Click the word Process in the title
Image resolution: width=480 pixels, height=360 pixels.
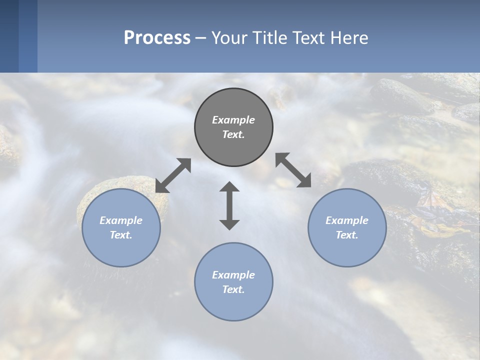(157, 38)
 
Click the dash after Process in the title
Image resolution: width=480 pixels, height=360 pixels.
(200, 38)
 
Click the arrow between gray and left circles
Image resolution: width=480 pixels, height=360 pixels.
(173, 175)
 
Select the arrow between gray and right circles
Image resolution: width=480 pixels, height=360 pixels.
(293, 170)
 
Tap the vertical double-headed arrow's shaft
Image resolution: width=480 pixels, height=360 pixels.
(229, 205)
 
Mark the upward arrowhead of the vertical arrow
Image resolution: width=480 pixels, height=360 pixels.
(229, 187)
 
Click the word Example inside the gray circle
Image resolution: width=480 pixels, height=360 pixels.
(233, 120)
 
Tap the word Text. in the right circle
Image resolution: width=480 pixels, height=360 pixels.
(347, 235)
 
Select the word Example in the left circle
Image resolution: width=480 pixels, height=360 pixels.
(121, 220)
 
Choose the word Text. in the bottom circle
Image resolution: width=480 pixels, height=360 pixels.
(233, 289)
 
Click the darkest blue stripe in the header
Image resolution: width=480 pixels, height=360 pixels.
(9, 36)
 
